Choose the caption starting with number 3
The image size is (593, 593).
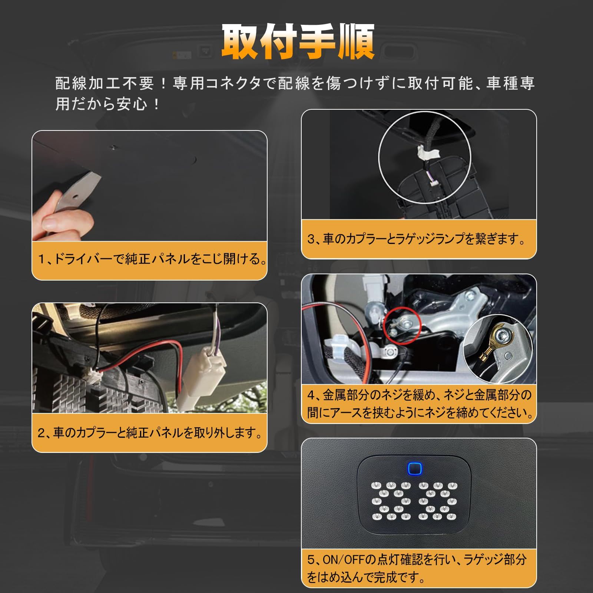tap(417, 239)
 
